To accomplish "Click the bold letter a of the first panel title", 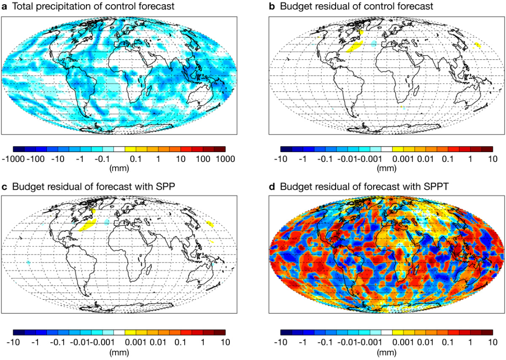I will tap(5, 6).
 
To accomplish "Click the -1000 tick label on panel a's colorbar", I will tap(14, 159).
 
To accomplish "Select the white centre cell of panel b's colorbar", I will tap(387, 149).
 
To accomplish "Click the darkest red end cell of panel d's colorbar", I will tap(487, 333).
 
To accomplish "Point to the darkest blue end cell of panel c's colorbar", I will tap(19, 333).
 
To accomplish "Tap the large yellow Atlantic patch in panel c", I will tap(88, 225).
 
